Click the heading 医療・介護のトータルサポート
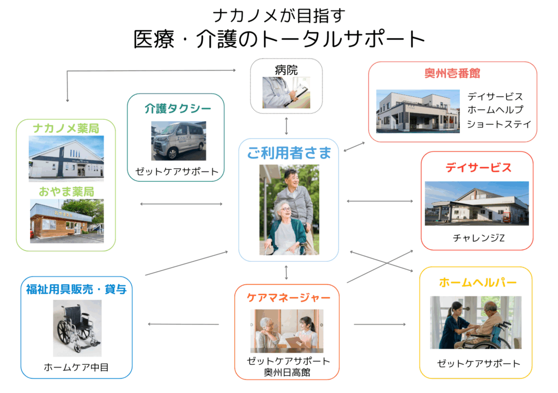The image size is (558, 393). point(279,39)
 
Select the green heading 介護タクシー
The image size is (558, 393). point(177,108)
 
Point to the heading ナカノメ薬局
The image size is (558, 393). point(66,128)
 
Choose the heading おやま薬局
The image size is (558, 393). point(66,192)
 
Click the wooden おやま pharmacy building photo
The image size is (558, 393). point(66,220)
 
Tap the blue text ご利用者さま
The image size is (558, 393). point(289,153)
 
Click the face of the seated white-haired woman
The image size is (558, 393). point(284,210)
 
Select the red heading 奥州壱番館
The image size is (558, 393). point(452,73)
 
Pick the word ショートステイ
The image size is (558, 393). point(498,124)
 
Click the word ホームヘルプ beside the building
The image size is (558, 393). point(495,110)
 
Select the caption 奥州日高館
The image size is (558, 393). point(288,372)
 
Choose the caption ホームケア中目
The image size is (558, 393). point(76,367)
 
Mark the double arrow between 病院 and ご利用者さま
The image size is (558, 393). point(287,126)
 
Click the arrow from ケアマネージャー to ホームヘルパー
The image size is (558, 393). point(380,324)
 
